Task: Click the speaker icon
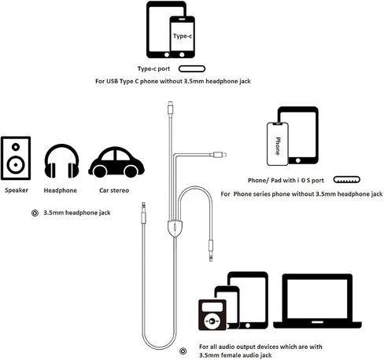[x=16, y=158]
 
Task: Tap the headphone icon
[x=61, y=161]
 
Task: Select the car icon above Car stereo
[x=116, y=162]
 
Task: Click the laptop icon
[x=317, y=301]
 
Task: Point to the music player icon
[x=212, y=314]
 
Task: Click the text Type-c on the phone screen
[x=183, y=36]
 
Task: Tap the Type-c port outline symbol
[x=192, y=69]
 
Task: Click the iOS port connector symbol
[x=346, y=180]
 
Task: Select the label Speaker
[x=17, y=190]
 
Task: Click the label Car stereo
[x=114, y=190]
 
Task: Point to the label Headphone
[x=61, y=190]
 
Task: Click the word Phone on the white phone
[x=278, y=146]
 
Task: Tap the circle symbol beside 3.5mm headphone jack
[x=35, y=213]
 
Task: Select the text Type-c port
[x=154, y=69]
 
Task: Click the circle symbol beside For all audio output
[x=183, y=351]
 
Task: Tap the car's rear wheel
[x=100, y=171]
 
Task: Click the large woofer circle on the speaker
[x=16, y=165]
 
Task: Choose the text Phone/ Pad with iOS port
[x=286, y=180]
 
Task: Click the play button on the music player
[x=212, y=321]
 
